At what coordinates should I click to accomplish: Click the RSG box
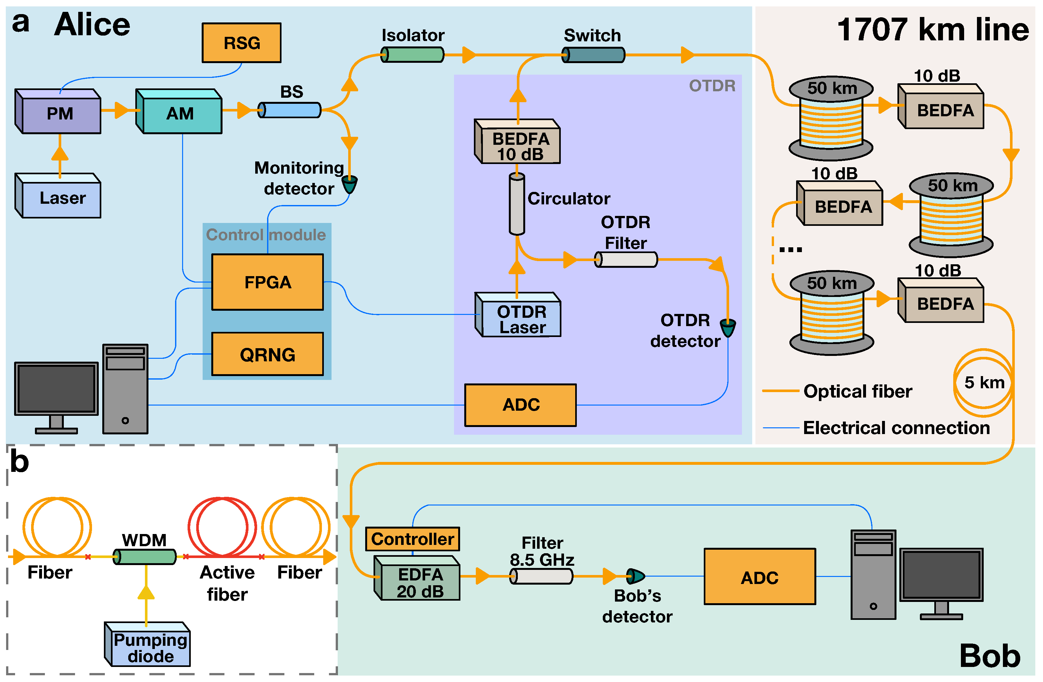tap(241, 43)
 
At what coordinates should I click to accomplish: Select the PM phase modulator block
tap(58, 111)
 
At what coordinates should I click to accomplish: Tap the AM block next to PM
tap(179, 111)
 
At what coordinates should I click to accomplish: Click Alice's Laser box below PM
tap(58, 195)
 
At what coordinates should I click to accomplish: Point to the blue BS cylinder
tap(289, 110)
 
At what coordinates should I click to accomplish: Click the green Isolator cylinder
tap(412, 55)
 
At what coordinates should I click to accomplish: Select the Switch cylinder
tap(593, 55)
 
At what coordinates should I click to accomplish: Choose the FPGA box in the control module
tap(268, 282)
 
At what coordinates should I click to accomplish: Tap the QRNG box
tap(268, 354)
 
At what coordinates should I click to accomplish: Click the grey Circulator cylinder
tap(517, 204)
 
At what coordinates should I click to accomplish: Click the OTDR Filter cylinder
tap(626, 259)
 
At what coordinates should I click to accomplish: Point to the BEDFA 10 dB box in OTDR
tap(517, 141)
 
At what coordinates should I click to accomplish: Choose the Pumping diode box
tap(147, 644)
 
